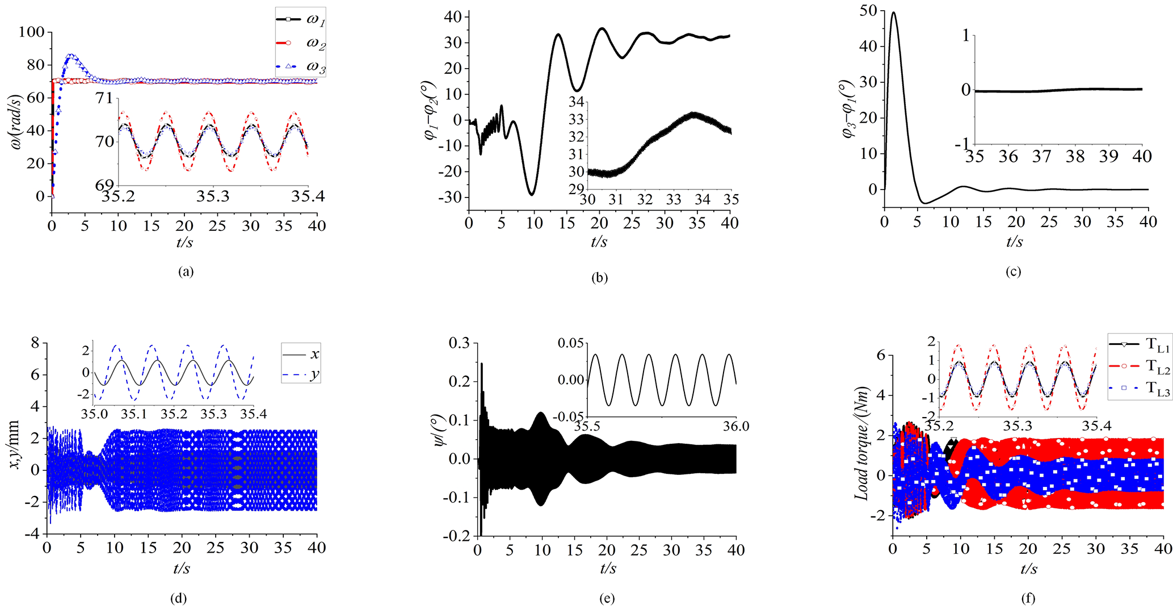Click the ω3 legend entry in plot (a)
301,66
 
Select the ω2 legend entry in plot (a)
301,43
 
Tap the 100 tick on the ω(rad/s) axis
31,32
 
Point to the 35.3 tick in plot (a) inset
213,196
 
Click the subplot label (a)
186,272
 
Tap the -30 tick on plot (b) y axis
452,197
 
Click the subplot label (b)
599,278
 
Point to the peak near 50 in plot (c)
894,12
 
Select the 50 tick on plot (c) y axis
869,10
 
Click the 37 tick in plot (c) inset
1041,156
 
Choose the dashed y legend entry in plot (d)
301,374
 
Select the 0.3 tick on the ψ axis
459,343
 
